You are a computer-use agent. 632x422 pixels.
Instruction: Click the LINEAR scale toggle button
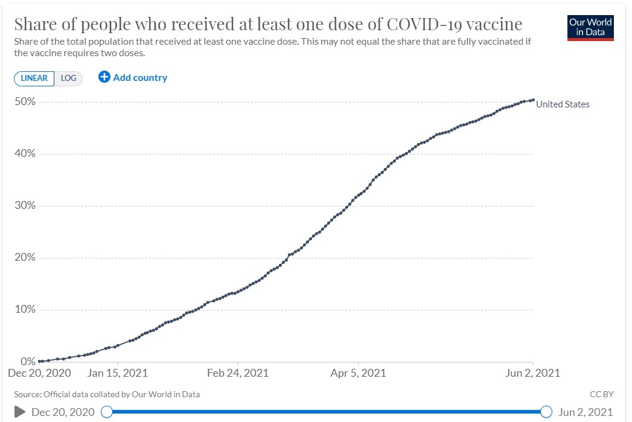coord(34,78)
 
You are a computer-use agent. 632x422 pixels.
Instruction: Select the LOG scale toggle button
coord(68,78)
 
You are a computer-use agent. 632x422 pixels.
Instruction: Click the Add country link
coord(140,77)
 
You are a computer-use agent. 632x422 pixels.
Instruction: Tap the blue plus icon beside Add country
coord(104,77)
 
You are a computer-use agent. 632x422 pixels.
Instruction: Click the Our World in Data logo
coord(590,27)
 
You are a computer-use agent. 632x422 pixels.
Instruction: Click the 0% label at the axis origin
coord(28,362)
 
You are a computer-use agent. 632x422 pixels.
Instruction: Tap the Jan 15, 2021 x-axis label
coord(117,373)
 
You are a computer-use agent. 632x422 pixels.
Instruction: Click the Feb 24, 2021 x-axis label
coord(238,373)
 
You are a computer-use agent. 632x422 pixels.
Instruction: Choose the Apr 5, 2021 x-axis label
coord(359,373)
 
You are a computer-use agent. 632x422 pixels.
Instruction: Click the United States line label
coord(563,104)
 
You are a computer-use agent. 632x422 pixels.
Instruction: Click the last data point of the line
coord(532,100)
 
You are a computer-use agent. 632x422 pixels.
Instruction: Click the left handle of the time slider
coord(107,412)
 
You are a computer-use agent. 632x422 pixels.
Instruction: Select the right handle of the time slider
coord(547,412)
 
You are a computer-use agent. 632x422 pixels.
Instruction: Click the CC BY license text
coord(601,394)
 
